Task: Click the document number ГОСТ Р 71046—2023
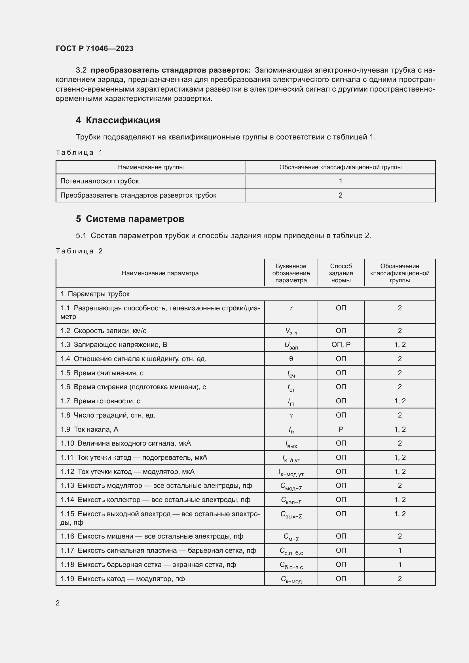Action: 94,48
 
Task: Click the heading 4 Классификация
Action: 118,120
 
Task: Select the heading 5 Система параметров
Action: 130,219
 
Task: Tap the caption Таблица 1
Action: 79,152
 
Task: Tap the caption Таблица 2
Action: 79,251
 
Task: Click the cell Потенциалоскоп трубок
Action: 100,181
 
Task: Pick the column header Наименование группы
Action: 151,167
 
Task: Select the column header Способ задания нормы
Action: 341,273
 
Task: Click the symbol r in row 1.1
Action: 291,308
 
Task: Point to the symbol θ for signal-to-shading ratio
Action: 291,359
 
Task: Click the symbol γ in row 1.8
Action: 291,415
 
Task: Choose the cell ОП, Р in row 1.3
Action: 341,344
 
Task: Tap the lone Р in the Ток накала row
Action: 341,429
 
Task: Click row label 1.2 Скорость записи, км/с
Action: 103,331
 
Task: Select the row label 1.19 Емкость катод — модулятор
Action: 122,579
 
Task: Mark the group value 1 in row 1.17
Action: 400,550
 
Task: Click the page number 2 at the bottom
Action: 58,603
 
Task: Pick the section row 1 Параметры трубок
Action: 95,294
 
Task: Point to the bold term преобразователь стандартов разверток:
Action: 170,70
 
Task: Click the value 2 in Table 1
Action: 341,195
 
